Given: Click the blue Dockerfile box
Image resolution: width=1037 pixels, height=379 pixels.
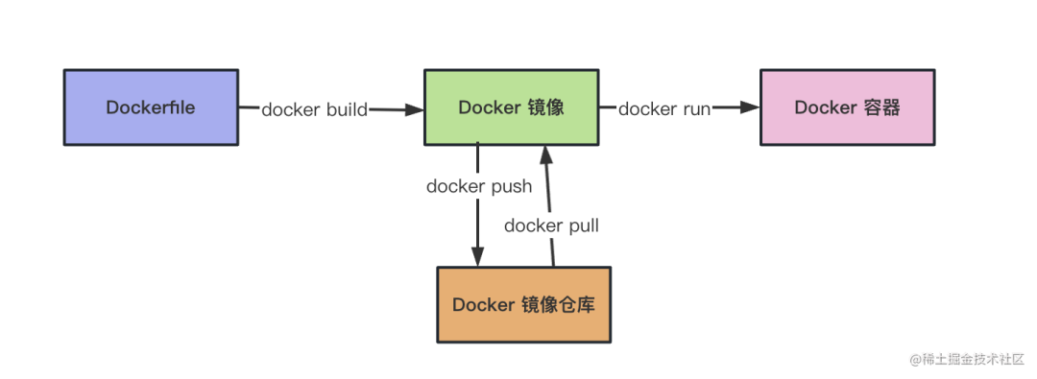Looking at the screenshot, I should point(151,107).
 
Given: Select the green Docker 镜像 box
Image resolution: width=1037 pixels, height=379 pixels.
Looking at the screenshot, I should point(511,107).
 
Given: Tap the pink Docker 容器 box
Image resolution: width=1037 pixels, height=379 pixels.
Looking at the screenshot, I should point(847,107).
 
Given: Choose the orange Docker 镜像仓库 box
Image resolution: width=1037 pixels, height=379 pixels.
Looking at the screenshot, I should point(523,305).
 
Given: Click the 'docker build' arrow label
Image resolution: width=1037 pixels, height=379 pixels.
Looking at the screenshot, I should point(314,109).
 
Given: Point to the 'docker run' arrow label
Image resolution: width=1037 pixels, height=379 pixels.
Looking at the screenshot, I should point(663,109).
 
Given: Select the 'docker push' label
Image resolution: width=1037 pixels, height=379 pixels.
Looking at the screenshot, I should point(479,186).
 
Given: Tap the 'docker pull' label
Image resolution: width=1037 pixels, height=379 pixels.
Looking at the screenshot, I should point(551,226).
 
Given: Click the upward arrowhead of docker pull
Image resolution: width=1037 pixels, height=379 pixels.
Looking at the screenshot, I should point(545,154).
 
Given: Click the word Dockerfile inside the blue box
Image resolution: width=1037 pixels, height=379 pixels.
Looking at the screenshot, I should point(151,107).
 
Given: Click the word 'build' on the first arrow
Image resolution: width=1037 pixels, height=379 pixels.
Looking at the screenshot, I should point(345,109).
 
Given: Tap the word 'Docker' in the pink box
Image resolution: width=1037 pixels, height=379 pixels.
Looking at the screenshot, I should point(825,107).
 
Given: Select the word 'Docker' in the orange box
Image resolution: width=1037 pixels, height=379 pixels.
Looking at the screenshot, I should point(484,305).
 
